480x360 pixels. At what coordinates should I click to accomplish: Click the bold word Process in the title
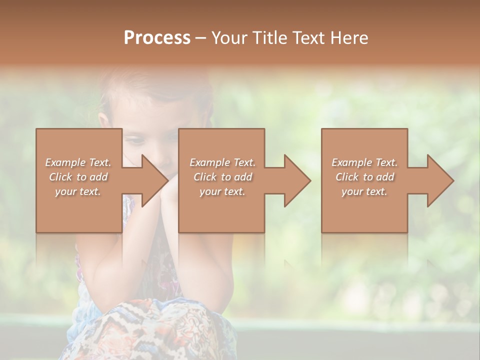157,38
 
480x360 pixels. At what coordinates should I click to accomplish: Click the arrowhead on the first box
153,180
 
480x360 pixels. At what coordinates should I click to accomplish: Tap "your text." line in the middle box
222,191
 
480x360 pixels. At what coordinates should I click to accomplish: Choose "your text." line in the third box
364,191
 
